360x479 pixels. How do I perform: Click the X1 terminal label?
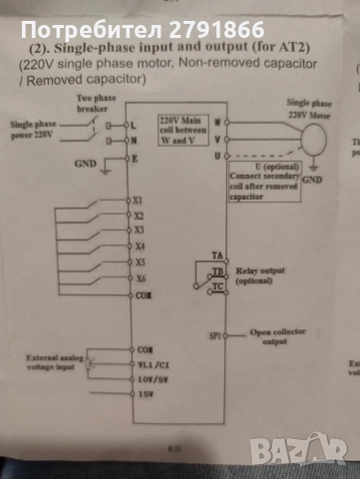click(x=139, y=200)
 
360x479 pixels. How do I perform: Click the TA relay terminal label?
click(x=217, y=256)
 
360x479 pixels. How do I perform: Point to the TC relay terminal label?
click(x=217, y=287)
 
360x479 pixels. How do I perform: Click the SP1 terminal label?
click(x=215, y=337)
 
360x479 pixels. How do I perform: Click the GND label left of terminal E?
click(x=87, y=160)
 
